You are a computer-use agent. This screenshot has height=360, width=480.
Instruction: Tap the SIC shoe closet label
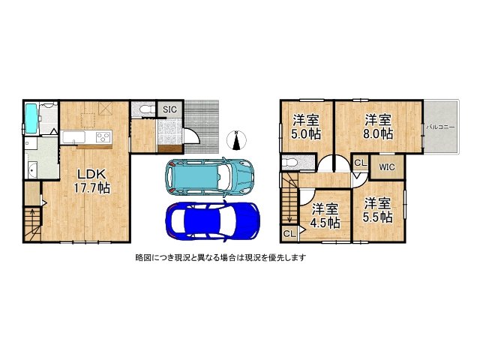click(170, 109)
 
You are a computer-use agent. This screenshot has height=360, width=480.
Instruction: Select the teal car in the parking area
click(210, 175)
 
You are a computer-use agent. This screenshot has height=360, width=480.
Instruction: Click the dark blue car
click(211, 219)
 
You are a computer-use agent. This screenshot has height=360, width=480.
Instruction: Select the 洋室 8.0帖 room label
click(379, 127)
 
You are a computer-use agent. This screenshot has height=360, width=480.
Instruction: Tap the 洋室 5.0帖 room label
click(306, 127)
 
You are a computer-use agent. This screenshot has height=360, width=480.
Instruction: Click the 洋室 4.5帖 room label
click(325, 215)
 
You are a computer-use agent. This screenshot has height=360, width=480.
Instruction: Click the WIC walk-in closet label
click(387, 166)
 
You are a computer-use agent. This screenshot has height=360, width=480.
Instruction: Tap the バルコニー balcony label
click(441, 128)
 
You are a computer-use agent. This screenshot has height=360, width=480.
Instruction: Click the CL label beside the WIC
click(359, 163)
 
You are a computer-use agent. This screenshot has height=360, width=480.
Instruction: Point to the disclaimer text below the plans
click(220, 257)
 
